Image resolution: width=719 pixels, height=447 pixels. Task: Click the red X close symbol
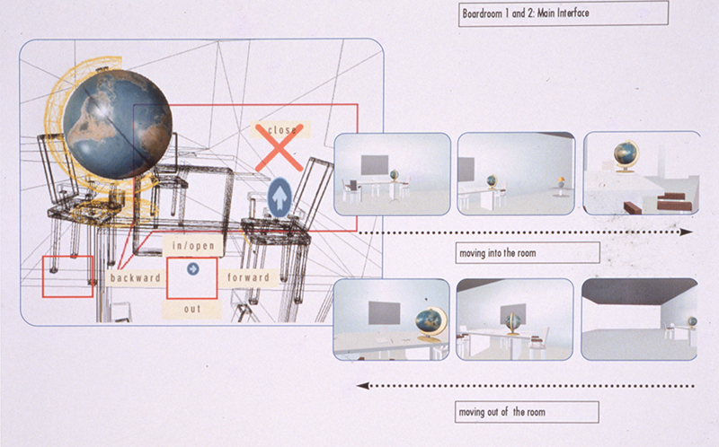pos(279,147)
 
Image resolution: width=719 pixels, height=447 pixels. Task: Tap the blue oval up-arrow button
pos(280,197)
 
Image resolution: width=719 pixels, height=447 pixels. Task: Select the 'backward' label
pos(136,277)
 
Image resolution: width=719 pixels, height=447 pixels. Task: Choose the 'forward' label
pos(249,277)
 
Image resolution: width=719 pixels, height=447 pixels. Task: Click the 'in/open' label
pos(193,246)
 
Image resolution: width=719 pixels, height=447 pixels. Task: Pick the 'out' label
pos(192,309)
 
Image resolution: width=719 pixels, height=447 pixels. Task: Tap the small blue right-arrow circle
pos(192,269)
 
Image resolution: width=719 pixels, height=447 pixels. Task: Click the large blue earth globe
pos(118,125)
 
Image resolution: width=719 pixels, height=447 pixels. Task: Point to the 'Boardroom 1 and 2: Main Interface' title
pos(526,13)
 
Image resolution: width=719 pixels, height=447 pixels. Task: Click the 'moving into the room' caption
pos(498,253)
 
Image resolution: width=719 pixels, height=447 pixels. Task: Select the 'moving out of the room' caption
pos(502,412)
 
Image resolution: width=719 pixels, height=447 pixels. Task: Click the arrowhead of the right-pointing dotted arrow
pos(686,232)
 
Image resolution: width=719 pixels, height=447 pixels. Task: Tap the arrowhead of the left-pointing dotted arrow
pos(363,386)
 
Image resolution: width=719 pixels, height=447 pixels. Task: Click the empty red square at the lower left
pos(68,276)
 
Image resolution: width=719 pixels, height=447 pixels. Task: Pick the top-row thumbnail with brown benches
pos(642,173)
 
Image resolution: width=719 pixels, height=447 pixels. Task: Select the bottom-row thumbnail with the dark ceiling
pos(639,320)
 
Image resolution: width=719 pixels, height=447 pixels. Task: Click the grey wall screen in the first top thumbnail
pos(375,165)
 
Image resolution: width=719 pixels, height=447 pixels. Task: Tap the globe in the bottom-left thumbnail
pos(431,324)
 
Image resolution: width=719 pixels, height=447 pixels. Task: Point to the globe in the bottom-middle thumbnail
pos(513,324)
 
